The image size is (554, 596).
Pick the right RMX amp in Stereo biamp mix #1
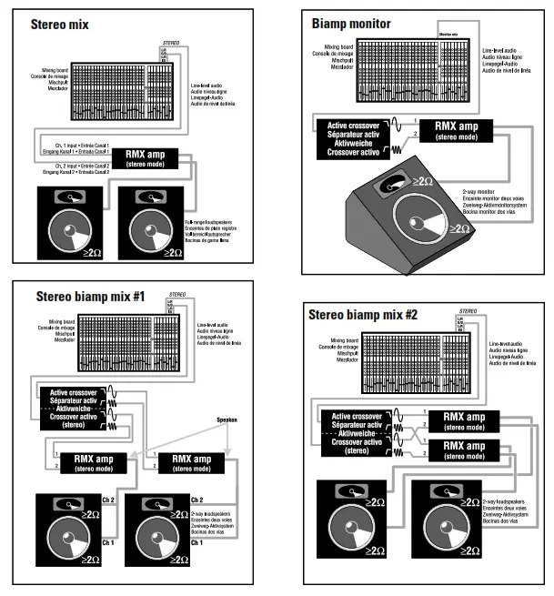194,461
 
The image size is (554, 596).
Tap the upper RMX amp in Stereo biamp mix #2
471,420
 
